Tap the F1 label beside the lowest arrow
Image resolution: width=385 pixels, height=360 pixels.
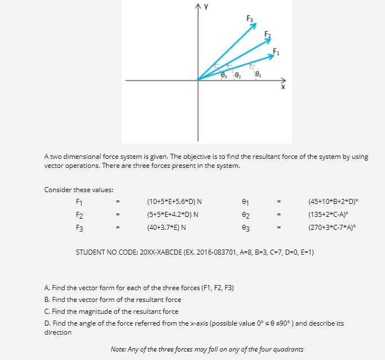pos(276,52)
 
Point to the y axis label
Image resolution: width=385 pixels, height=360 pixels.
pos(206,7)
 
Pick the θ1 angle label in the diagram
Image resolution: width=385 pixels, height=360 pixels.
pos(258,73)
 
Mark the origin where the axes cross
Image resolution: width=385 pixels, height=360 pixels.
pos(198,80)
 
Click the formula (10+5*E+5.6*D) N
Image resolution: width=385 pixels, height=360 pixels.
pos(174,201)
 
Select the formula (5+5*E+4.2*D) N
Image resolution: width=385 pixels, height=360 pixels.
pos(172,215)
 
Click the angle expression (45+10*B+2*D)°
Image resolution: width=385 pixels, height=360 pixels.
pos(333,201)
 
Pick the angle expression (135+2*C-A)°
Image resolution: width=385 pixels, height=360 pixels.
pos(328,215)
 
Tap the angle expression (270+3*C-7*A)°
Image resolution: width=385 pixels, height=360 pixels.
pos(331,228)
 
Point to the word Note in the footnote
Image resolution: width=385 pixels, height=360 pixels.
pos(117,349)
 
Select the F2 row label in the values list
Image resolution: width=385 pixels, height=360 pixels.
pos(79,215)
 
